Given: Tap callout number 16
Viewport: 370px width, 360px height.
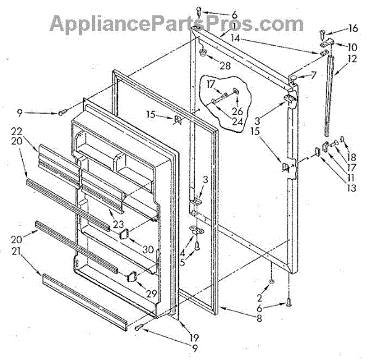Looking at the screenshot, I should pyautogui.click(x=353, y=28).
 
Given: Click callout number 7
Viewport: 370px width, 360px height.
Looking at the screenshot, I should pyautogui.click(x=313, y=75).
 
